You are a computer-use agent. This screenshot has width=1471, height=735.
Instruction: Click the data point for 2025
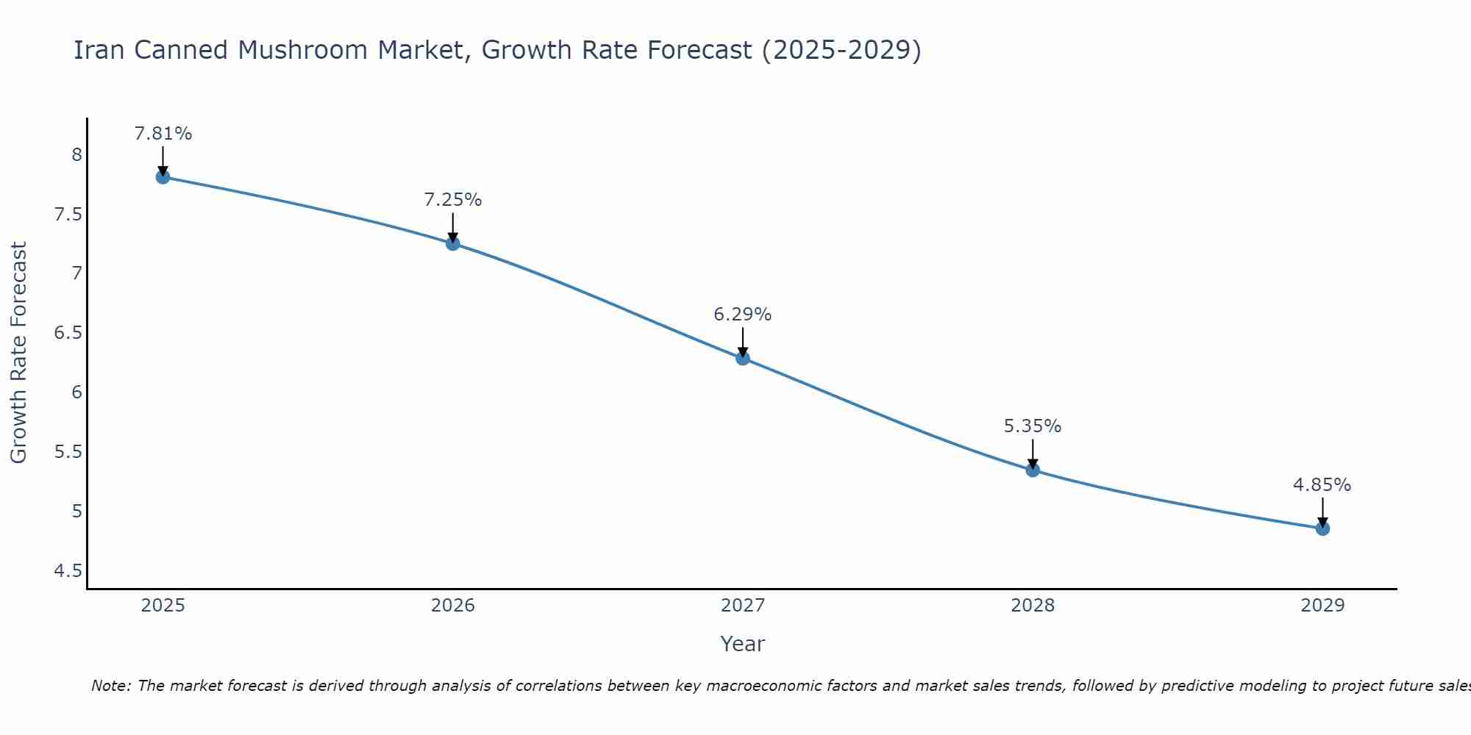pyautogui.click(x=163, y=176)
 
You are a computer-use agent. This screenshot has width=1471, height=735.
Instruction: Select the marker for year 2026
pyautogui.click(x=453, y=243)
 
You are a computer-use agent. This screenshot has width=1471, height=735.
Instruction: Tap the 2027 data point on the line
pyautogui.click(x=743, y=358)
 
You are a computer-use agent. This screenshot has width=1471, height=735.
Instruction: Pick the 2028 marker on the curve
pyautogui.click(x=1033, y=470)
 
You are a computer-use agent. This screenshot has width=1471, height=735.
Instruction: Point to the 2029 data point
pyautogui.click(x=1322, y=528)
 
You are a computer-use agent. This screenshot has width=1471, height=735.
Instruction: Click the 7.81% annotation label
pyautogui.click(x=163, y=134)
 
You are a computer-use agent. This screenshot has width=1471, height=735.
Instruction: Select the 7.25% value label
pyautogui.click(x=453, y=200)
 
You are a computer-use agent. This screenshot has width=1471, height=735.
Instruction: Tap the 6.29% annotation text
pyautogui.click(x=743, y=315)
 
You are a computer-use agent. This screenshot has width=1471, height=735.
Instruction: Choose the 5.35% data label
pyautogui.click(x=1033, y=426)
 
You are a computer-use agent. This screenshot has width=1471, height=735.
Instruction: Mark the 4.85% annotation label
pyautogui.click(x=1322, y=485)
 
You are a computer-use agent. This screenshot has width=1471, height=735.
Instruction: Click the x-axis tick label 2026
pyautogui.click(x=453, y=606)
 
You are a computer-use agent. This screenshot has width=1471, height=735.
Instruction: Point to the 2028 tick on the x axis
pyautogui.click(x=1033, y=606)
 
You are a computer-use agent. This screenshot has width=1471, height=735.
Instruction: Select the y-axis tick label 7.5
pyautogui.click(x=68, y=215)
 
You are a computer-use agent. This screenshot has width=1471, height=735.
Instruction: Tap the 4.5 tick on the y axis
pyautogui.click(x=68, y=571)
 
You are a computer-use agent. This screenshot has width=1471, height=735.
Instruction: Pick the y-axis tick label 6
pyautogui.click(x=76, y=392)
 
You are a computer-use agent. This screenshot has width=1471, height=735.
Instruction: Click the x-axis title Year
pyautogui.click(x=743, y=645)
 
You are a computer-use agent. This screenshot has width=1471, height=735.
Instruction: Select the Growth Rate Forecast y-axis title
pyautogui.click(x=19, y=353)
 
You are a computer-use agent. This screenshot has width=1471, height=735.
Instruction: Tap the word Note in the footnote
pyautogui.click(x=110, y=686)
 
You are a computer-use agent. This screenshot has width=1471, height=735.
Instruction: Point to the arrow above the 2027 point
pyautogui.click(x=743, y=340)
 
